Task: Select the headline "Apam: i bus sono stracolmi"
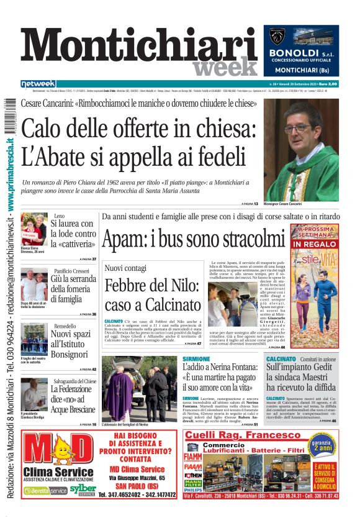[x=192, y=238]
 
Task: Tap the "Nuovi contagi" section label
[x=125, y=268]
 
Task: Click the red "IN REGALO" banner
[x=313, y=244]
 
